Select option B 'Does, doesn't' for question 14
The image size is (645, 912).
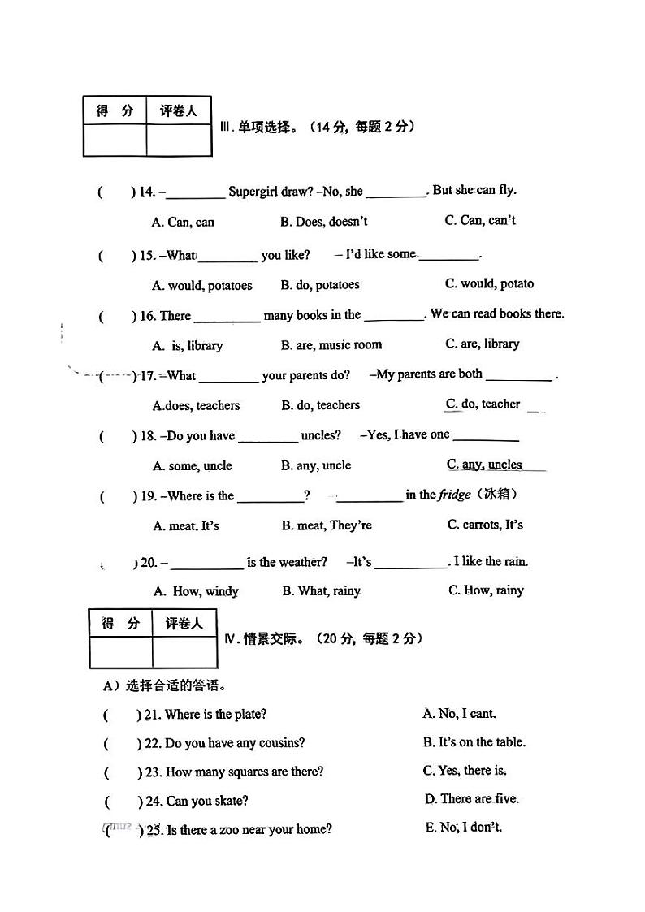click(324, 221)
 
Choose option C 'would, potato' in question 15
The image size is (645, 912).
click(490, 283)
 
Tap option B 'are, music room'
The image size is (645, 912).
click(331, 345)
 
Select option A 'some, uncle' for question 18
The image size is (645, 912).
click(193, 466)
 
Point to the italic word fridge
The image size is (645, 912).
click(455, 495)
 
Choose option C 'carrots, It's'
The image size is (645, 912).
click(485, 525)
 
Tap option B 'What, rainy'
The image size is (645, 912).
click(322, 591)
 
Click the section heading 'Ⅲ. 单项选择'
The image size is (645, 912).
click(268, 128)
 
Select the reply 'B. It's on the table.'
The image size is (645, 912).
click(474, 742)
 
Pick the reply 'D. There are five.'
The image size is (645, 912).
click(471, 799)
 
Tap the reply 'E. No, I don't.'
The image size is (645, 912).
click(464, 828)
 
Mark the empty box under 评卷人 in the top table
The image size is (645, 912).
click(178, 139)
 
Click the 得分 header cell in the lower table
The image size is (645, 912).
click(120, 624)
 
